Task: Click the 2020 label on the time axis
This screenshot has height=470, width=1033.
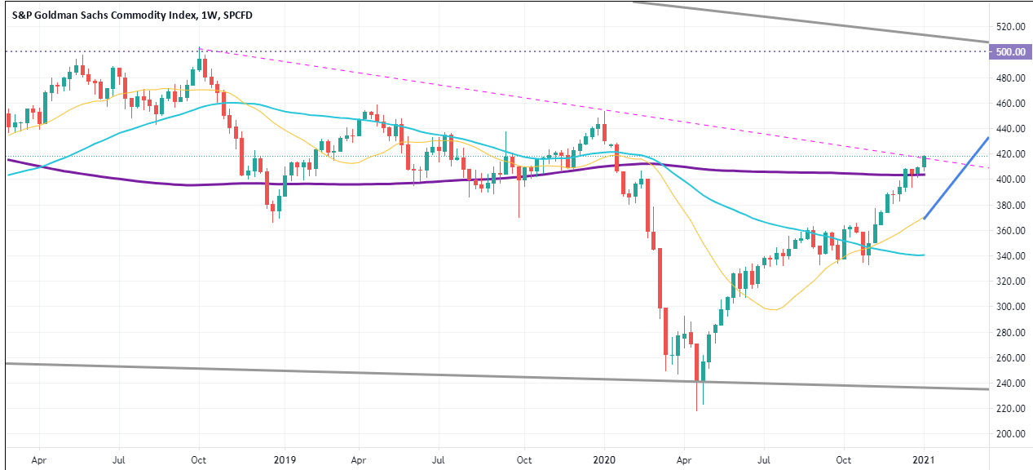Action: pyautogui.click(x=603, y=459)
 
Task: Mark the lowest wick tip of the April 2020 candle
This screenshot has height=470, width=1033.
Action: pyautogui.click(x=697, y=410)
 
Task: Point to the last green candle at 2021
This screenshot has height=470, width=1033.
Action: pyautogui.click(x=925, y=162)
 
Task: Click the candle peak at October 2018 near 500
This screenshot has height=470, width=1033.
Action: pyautogui.click(x=200, y=50)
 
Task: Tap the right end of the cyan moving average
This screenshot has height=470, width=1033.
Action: pyautogui.click(x=923, y=255)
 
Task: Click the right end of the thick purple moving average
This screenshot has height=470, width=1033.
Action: pyautogui.click(x=924, y=175)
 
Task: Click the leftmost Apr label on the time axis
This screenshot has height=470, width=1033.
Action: pyautogui.click(x=38, y=459)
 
